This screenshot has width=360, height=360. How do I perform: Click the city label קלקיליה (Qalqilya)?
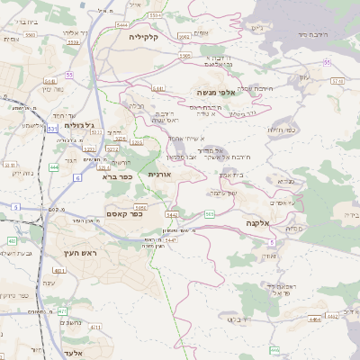pos(144,37)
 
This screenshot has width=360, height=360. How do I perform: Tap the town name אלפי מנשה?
pos(240,93)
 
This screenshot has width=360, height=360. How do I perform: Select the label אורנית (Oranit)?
pos(158,173)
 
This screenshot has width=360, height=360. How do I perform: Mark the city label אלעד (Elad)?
pos(74,353)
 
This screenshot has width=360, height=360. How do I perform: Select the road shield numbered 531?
pos(52,129)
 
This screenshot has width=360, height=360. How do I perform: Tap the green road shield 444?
pos(54,166)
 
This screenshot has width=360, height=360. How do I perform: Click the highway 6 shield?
pos(77,179)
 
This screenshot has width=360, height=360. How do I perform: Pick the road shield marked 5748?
pos(337,81)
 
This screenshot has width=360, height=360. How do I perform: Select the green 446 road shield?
pos(274,349)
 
